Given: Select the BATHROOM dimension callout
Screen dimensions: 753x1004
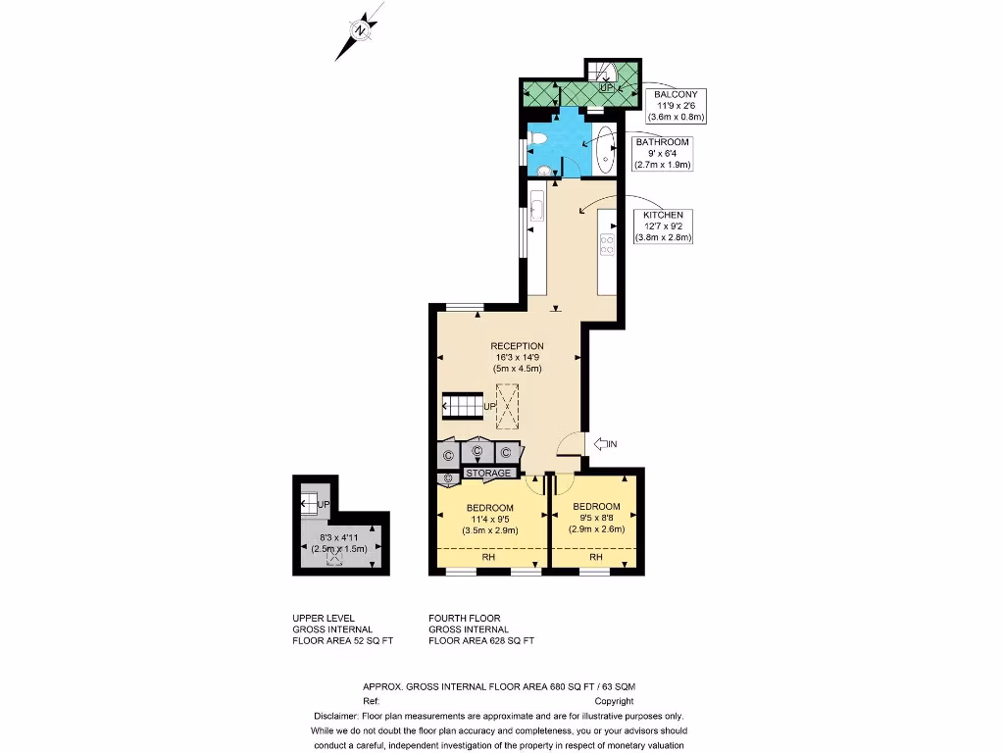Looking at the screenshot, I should (662, 153).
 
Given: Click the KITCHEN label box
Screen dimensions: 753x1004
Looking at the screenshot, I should (663, 226).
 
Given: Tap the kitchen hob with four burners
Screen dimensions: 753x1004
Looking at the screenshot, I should (607, 244).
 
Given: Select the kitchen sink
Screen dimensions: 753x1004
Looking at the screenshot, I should (536, 208).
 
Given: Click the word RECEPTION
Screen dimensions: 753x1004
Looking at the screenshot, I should (518, 346).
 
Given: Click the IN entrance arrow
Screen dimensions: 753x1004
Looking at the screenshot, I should (606, 444).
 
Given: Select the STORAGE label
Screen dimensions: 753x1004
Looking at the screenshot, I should (488, 474).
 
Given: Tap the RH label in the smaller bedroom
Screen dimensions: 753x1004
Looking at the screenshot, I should (596, 557).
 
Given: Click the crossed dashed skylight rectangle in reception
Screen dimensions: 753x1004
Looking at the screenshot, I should (509, 406).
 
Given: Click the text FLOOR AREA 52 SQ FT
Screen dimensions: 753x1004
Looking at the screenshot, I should (343, 641).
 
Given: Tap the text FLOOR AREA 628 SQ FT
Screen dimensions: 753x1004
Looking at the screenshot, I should (481, 641).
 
